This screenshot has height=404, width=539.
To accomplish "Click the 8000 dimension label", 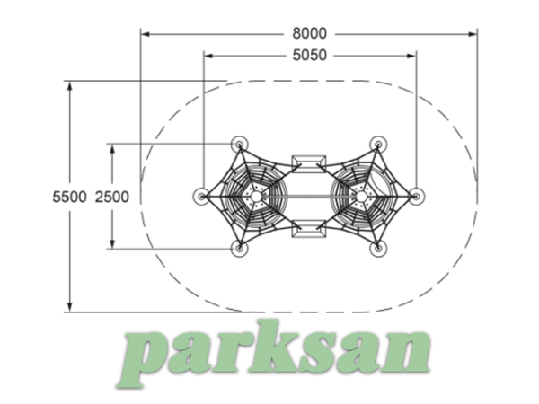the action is pos(309,34).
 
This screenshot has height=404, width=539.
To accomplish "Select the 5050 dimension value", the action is pos(309,56).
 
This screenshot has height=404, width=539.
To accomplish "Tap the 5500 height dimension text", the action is pos(69,197).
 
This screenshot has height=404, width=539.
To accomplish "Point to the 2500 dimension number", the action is pos(112,197).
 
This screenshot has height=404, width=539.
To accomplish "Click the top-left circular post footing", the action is pos(239,145).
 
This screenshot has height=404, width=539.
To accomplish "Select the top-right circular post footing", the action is pos(378,145).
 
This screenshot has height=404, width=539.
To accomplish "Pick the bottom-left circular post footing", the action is pos(239,248).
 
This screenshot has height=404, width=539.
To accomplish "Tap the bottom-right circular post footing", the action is pos(378,248).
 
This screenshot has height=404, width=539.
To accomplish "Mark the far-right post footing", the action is pos(416,196).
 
